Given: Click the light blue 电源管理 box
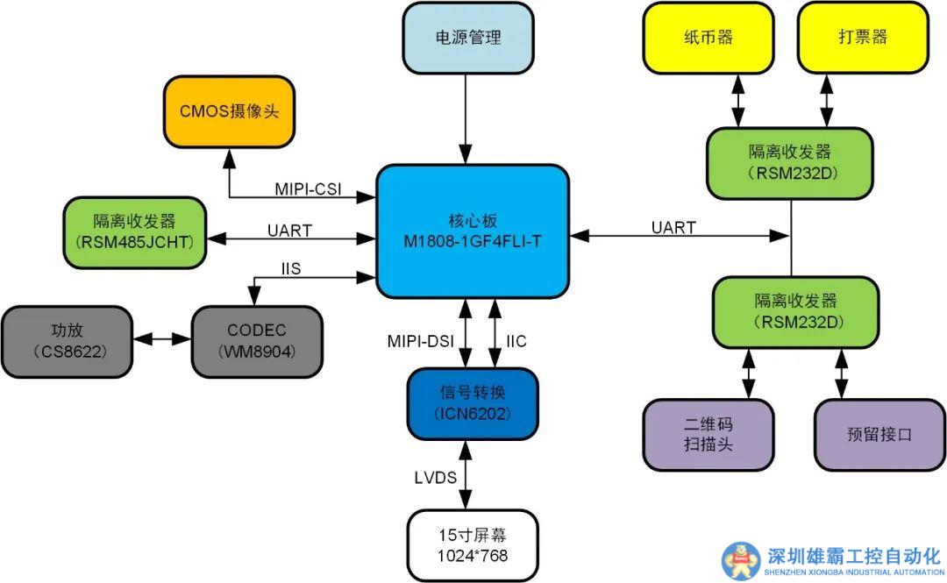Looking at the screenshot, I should tap(467, 38).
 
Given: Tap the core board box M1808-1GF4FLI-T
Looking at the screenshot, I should tap(473, 231).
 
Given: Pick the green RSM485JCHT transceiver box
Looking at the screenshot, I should tap(134, 231).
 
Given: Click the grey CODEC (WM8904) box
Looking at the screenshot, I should tap(256, 341).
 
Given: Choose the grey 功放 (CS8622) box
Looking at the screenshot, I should tap(66, 341).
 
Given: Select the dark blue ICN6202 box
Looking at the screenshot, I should tap(472, 403).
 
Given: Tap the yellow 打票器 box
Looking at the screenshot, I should tap(862, 38).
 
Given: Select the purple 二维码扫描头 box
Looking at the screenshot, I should tap(708, 434).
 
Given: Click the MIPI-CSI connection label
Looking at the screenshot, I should tap(308, 188).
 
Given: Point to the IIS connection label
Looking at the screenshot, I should tap(290, 269).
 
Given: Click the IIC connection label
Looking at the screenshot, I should tap(516, 341).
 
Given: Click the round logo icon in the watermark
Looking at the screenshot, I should tap(741, 559).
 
